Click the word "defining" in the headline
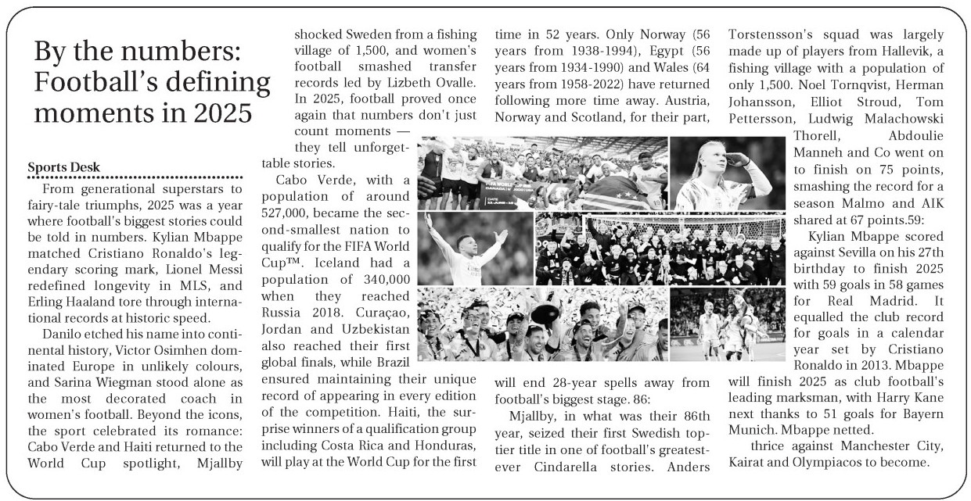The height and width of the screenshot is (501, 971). tap(205, 83)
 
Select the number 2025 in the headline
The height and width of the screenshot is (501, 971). tap(221, 113)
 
